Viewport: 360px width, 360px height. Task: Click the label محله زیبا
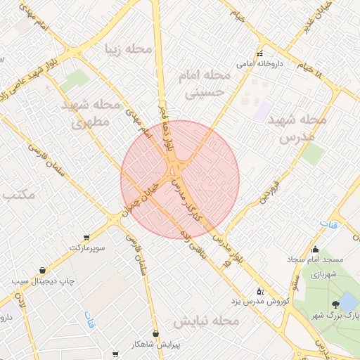point(128,49)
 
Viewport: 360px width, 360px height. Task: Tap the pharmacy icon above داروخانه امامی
point(259,53)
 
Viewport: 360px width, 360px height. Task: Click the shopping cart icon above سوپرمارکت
point(86,237)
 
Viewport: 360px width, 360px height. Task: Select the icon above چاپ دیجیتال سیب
point(42,270)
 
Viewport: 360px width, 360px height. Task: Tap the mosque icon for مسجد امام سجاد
point(315,248)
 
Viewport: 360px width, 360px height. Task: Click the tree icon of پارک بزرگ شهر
point(335,304)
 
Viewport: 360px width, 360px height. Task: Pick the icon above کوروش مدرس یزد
point(260,290)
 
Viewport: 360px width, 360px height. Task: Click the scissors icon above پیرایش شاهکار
point(155,334)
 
